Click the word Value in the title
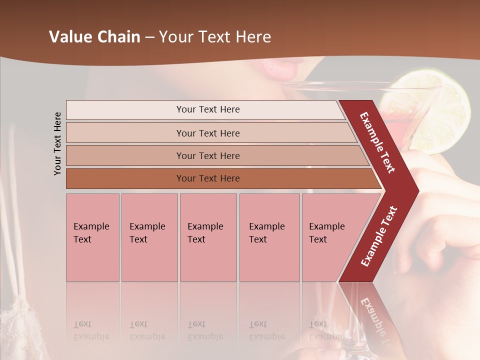[x=70, y=37]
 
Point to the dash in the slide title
[x=149, y=37]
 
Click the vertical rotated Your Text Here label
[x=57, y=143]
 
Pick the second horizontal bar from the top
[x=208, y=133]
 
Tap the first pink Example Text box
[x=92, y=237]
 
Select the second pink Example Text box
[x=149, y=237]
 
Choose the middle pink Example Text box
[x=208, y=237]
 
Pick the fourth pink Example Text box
[x=269, y=237]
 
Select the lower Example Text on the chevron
[x=379, y=236]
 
